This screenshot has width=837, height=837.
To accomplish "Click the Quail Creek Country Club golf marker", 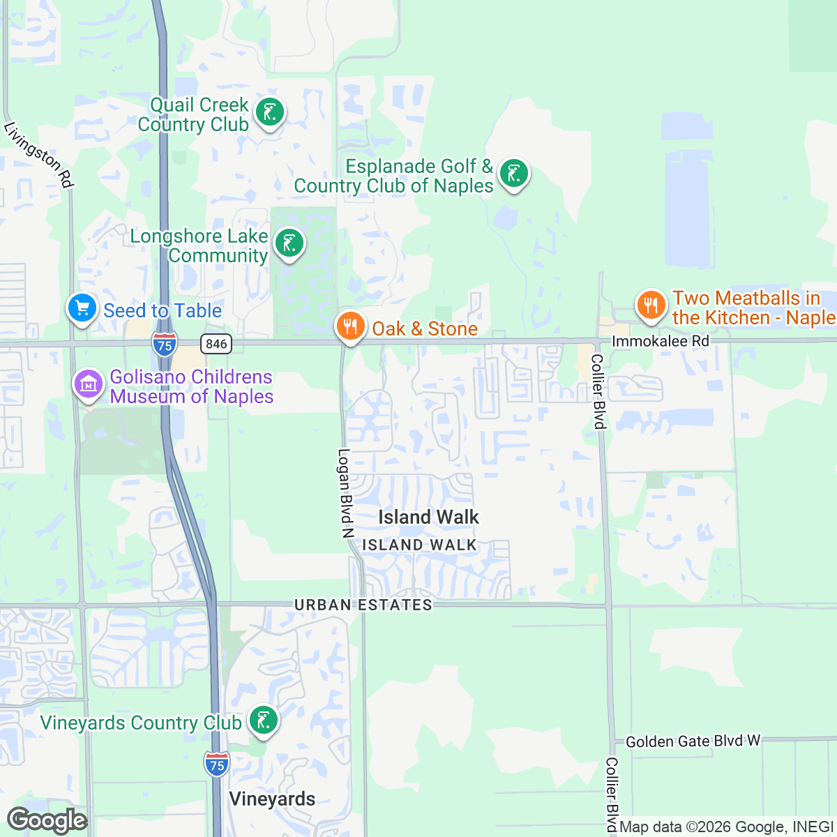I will point(269,112).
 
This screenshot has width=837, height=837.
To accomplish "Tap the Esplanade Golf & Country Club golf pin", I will point(514,174).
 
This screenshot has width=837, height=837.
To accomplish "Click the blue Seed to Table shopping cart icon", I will point(82,308).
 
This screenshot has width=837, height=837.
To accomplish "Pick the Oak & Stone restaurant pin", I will point(350,326).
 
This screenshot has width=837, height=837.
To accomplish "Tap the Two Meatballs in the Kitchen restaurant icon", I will point(650,306).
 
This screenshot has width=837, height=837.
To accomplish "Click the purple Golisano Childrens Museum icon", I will point(89,384).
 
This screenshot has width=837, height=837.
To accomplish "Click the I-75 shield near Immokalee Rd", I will point(165,345).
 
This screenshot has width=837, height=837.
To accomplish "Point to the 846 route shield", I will point(216,343).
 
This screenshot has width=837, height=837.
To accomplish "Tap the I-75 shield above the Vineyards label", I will point(217,764).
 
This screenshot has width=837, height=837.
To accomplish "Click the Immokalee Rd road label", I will point(660,341).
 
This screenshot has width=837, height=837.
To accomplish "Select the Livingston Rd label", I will point(38,155).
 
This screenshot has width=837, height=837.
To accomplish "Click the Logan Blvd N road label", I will point(345,493).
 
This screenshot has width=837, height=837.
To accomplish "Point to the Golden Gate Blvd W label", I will point(693,741).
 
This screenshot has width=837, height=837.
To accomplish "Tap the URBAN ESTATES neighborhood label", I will point(363,605).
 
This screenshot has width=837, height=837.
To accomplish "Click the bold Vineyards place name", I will point(272,799).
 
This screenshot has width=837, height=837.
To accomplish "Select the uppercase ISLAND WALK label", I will point(420,545).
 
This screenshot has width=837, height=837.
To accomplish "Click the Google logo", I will point(47,821).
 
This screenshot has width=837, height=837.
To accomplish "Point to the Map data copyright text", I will point(726,827).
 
